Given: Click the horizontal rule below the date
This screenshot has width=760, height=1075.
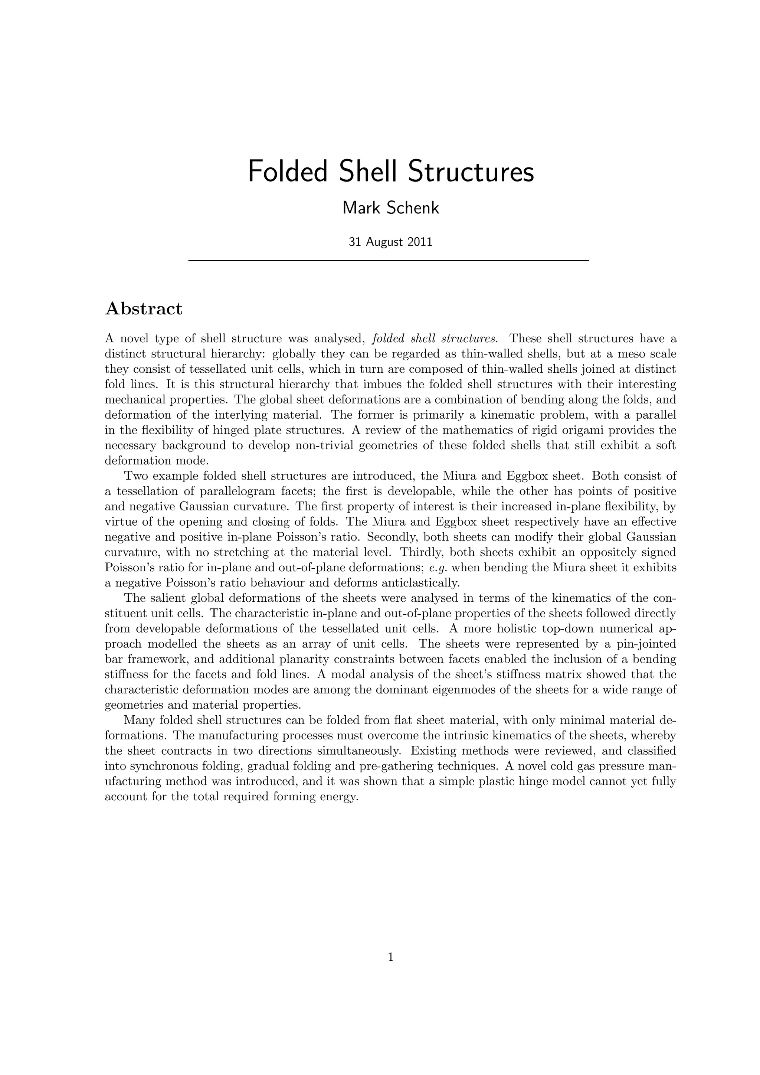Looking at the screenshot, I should pos(389,260).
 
